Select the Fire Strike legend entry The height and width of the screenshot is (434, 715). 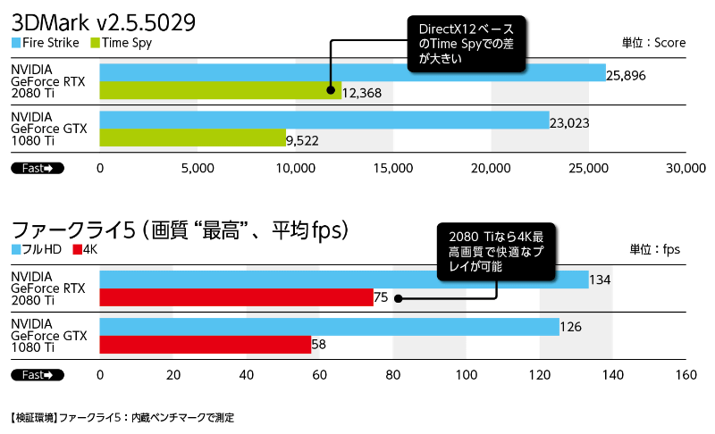pos(46,42)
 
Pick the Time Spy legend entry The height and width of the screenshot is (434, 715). pos(122,42)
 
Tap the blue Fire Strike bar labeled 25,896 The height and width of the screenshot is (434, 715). pos(352,73)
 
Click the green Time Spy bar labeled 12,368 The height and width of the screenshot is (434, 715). pos(220,90)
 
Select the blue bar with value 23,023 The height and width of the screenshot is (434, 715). pos(324,121)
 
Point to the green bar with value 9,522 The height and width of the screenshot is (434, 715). pos(192,138)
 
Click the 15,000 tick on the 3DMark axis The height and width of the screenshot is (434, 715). pos(392,167)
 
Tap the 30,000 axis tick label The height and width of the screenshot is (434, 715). pos(686,167)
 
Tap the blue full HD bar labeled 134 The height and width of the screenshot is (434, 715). pos(344,280)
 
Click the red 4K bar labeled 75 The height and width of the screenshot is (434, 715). pos(236,297)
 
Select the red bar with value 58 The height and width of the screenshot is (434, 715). pos(205,345)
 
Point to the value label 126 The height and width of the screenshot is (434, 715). pos(570,328)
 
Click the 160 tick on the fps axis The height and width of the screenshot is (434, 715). pos(686,374)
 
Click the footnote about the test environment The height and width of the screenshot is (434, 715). pos(122,417)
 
